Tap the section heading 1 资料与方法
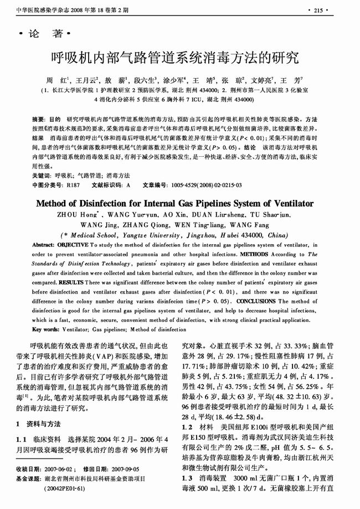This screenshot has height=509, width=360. [x=39, y=424]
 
